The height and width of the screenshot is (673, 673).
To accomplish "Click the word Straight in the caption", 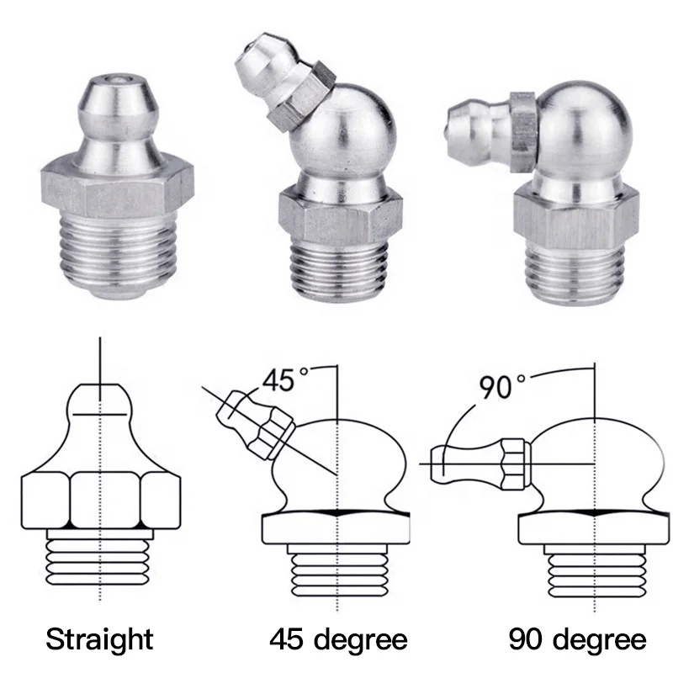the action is tap(99, 639).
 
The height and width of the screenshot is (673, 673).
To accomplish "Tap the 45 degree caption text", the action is tap(339, 639).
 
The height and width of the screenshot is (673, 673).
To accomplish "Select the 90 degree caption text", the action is tap(577, 639).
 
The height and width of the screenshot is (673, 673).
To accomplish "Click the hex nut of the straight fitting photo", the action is tap(118, 187).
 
